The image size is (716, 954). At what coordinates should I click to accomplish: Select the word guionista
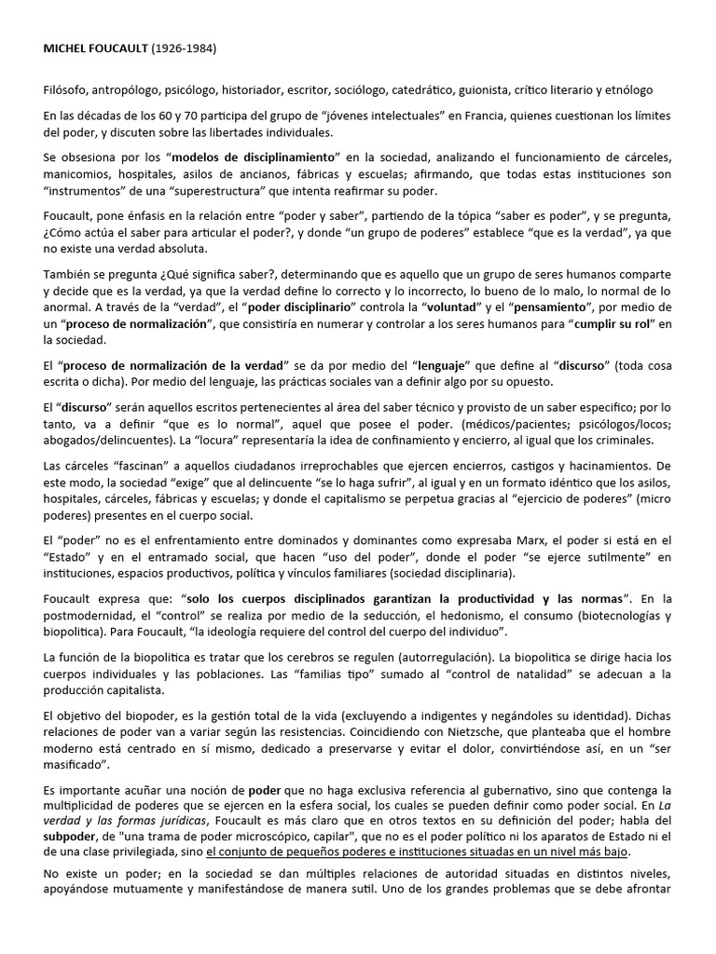point(467,90)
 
